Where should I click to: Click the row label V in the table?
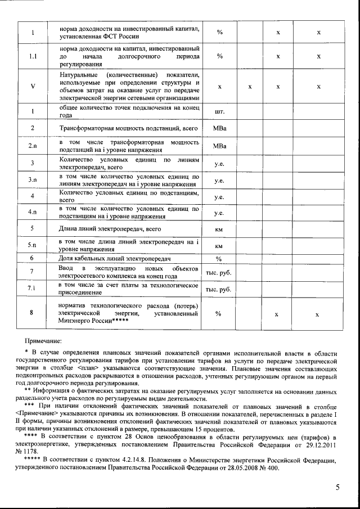pos(33,87)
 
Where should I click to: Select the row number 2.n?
pos(33,146)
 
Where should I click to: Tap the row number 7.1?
pos(33,289)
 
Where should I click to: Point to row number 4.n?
pos(33,212)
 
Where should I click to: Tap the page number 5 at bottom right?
pos(337,487)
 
